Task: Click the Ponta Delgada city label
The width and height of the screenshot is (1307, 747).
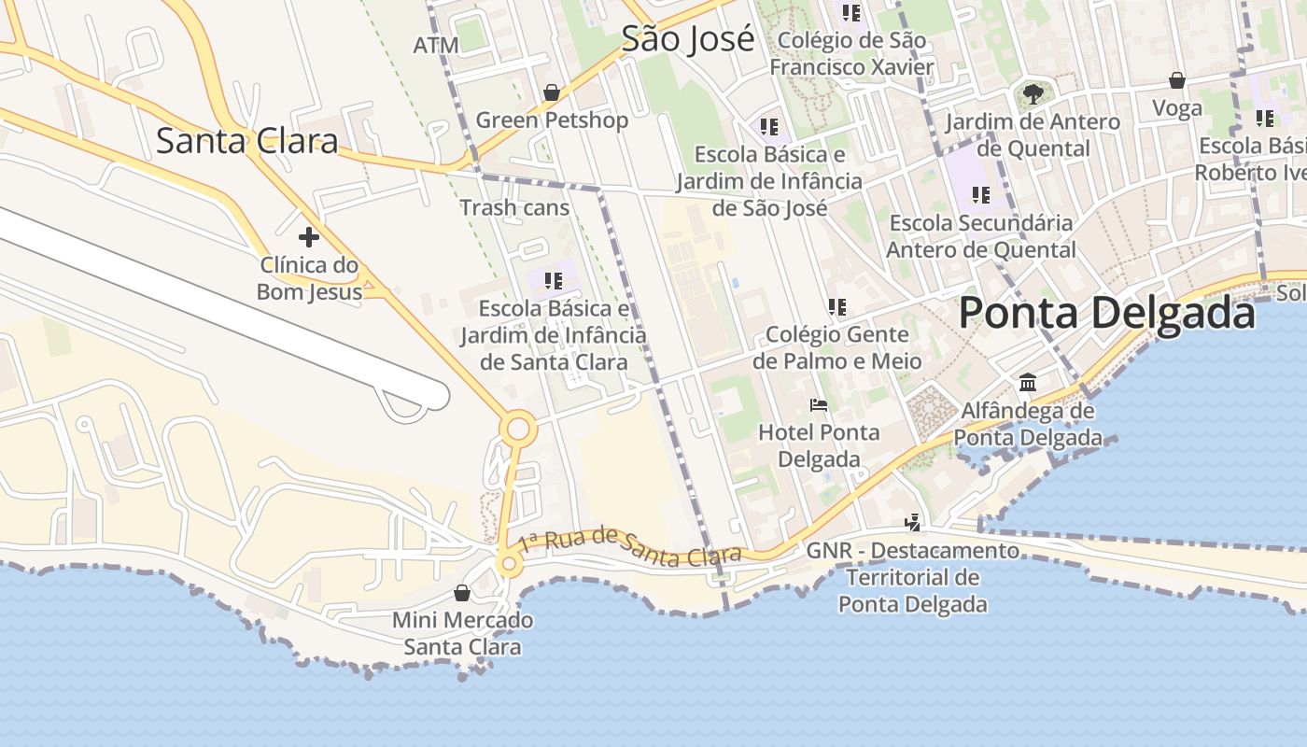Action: click(1106, 313)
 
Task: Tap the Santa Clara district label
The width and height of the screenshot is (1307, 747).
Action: click(246, 141)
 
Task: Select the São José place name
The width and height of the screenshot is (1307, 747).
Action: click(687, 39)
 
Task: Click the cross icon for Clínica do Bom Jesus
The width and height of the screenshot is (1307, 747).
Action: click(308, 237)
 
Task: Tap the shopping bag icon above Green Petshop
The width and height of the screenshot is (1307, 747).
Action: click(552, 92)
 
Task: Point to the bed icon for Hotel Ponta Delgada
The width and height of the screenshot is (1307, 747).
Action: click(819, 405)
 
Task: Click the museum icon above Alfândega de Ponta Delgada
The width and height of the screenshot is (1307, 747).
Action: click(1028, 383)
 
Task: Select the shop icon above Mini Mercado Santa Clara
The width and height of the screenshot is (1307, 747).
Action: click(461, 593)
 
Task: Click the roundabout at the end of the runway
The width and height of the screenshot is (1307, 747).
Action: click(517, 430)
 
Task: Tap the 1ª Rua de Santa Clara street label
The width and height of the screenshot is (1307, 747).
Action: click(630, 545)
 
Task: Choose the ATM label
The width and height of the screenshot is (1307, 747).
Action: click(436, 45)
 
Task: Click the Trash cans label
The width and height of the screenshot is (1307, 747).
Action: click(514, 207)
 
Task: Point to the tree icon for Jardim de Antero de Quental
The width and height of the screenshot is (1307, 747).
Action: click(1033, 93)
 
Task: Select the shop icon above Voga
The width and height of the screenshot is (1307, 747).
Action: click(1177, 80)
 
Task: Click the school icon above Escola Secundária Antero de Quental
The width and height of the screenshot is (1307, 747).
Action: click(980, 195)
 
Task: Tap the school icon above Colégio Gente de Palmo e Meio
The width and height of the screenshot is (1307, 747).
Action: click(836, 306)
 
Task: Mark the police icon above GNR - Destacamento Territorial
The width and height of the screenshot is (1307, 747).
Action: click(913, 523)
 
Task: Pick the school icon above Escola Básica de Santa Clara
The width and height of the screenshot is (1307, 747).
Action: click(553, 280)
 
